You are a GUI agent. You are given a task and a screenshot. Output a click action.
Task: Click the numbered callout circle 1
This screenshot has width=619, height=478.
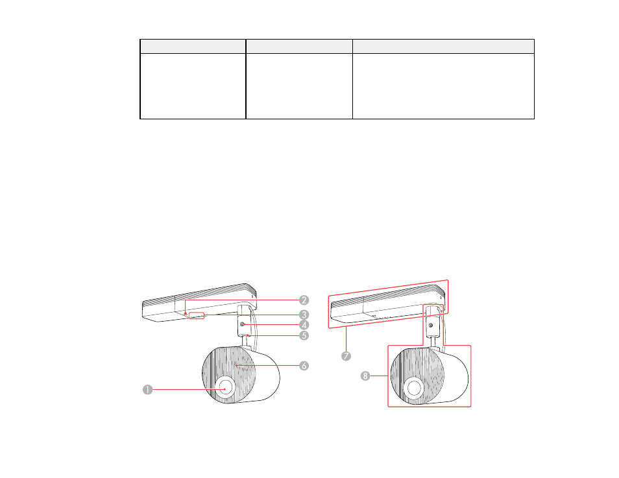[148, 390]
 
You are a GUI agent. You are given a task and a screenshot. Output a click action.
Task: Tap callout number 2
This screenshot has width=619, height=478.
[304, 300]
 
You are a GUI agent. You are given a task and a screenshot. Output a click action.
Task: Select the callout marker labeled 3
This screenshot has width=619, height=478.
[304, 315]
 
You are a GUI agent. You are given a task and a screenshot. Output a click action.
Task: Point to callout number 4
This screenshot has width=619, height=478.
[304, 325]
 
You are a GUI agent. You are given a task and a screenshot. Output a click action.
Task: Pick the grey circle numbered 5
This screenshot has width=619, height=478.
[304, 335]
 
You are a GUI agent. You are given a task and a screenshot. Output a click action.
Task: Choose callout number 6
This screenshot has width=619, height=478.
[304, 366]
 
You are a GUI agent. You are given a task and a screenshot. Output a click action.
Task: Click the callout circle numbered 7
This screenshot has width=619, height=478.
[346, 356]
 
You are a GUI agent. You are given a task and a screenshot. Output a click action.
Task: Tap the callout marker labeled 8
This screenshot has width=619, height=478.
[365, 376]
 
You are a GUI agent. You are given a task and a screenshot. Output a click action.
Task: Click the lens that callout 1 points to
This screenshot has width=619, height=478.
[225, 387]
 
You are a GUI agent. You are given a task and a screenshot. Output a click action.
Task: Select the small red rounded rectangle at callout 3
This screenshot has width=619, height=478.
[197, 315]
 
